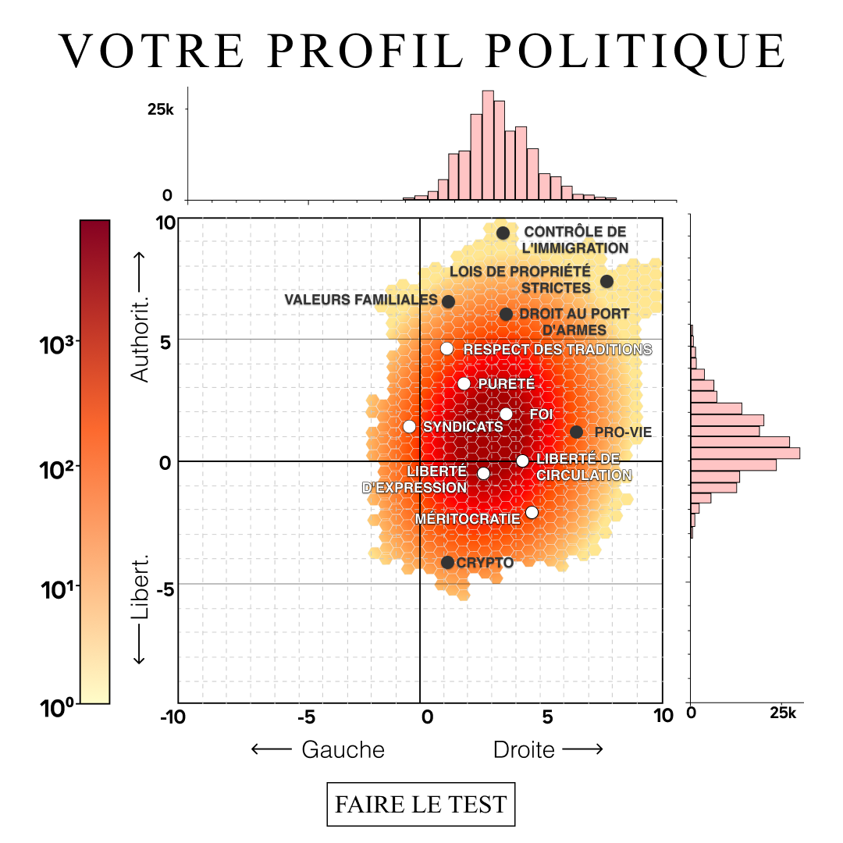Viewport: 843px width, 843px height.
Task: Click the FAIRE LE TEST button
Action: click(x=421, y=804)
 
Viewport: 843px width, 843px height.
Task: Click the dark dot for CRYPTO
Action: click(x=447, y=562)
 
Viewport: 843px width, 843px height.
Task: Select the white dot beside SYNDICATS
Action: click(x=409, y=426)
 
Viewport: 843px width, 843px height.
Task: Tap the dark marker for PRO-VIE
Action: click(x=576, y=432)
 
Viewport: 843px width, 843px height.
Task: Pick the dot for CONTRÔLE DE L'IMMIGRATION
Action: click(x=503, y=233)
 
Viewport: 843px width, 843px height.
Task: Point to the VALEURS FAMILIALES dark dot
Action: click(x=448, y=301)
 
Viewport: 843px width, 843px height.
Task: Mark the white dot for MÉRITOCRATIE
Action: click(x=532, y=512)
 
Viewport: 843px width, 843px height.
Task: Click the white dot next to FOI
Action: click(x=506, y=414)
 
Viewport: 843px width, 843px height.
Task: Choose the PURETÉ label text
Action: click(x=507, y=384)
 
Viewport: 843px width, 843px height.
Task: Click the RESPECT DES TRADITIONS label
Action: click(x=557, y=350)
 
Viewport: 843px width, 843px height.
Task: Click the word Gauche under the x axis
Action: click(x=343, y=749)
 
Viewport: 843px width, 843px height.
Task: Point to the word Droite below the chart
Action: click(x=524, y=749)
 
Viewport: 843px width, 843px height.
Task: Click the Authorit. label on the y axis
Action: click(x=140, y=339)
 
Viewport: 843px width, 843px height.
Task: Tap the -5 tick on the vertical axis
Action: click(x=165, y=590)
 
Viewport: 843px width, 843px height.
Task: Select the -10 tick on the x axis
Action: click(x=173, y=716)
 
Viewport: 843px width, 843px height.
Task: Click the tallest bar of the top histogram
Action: click(x=488, y=145)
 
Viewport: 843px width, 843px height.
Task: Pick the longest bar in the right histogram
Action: click(x=745, y=453)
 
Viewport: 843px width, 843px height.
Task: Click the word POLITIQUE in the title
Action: click(x=636, y=52)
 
